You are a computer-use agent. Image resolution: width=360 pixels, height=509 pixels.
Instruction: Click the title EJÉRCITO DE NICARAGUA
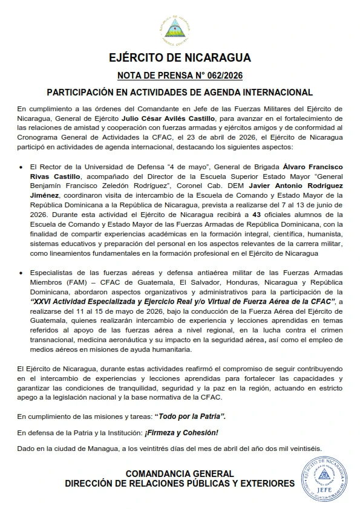point(180,59)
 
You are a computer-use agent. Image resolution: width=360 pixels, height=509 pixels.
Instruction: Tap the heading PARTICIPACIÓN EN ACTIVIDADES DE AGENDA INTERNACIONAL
point(180,92)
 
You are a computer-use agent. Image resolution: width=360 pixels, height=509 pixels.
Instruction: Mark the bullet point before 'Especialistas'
point(22,273)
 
